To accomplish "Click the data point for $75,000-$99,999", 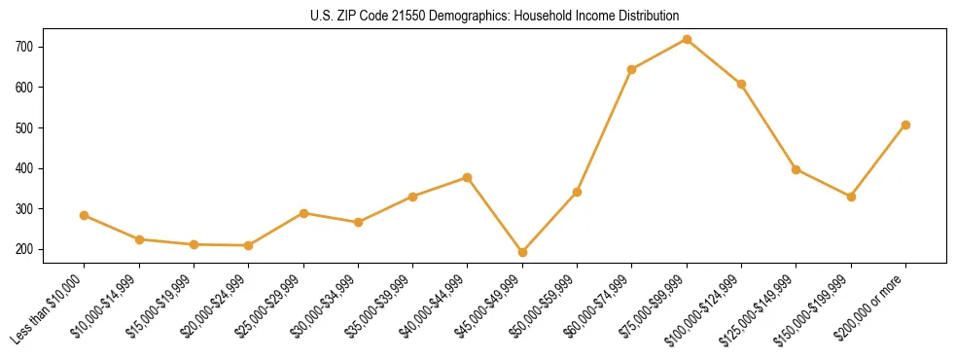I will click(687, 40).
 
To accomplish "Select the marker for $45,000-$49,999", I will click(522, 252).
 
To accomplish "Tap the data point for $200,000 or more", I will click(905, 125).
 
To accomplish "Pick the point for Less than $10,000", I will click(85, 215).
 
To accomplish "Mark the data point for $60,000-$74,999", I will click(632, 69).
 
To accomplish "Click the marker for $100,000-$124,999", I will click(741, 85).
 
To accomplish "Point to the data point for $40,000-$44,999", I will click(468, 177).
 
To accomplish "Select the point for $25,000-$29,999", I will click(303, 213).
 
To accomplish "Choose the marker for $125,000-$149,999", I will click(797, 169).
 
